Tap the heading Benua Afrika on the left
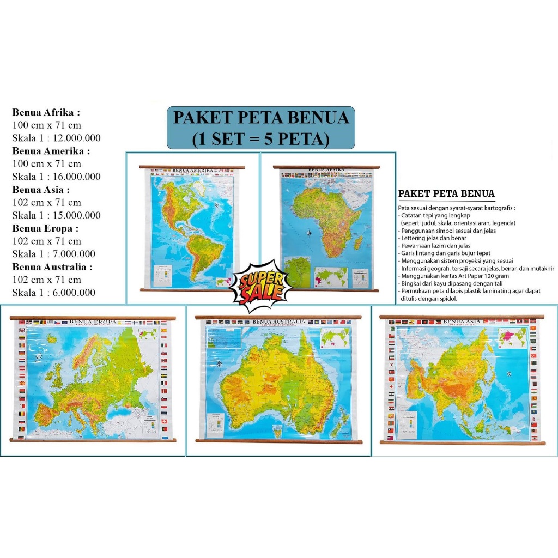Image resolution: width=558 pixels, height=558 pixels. point(46,113)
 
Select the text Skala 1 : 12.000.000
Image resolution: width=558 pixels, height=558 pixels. point(56,138)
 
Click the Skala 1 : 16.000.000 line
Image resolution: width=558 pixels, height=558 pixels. point(56,177)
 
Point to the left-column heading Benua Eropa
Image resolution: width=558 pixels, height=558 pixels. point(46,228)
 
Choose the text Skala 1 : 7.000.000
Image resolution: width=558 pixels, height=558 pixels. point(53,254)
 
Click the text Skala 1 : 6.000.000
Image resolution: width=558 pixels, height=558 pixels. point(53,293)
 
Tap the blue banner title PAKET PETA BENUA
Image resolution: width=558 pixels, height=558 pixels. point(260,118)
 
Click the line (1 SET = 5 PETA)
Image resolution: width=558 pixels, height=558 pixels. point(260,139)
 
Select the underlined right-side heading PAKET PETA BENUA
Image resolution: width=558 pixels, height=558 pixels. point(446,194)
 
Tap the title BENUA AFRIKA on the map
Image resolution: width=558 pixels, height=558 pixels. point(326,170)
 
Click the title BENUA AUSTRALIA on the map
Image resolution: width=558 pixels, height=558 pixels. point(278,322)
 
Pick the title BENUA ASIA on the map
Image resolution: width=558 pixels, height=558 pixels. point(462,322)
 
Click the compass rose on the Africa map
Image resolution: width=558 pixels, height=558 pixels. point(309,233)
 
